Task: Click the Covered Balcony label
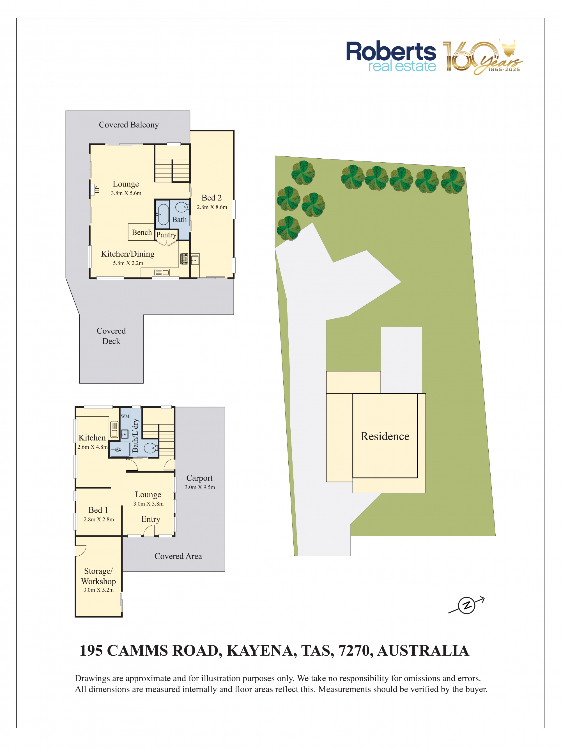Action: tap(129, 125)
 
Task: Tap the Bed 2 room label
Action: tap(211, 198)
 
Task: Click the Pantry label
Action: tap(166, 235)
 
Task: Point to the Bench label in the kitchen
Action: tap(142, 232)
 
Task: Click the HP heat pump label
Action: tap(97, 190)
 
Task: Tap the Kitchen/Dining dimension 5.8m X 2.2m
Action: tap(128, 263)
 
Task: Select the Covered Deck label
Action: tap(111, 336)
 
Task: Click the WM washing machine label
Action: tap(125, 416)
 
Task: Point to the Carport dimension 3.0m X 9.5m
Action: tap(200, 487)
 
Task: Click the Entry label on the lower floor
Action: tap(151, 519)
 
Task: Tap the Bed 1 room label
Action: tap(98, 510)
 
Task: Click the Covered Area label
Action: tap(178, 556)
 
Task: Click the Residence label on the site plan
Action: tap(385, 436)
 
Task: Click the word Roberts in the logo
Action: tap(391, 51)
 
